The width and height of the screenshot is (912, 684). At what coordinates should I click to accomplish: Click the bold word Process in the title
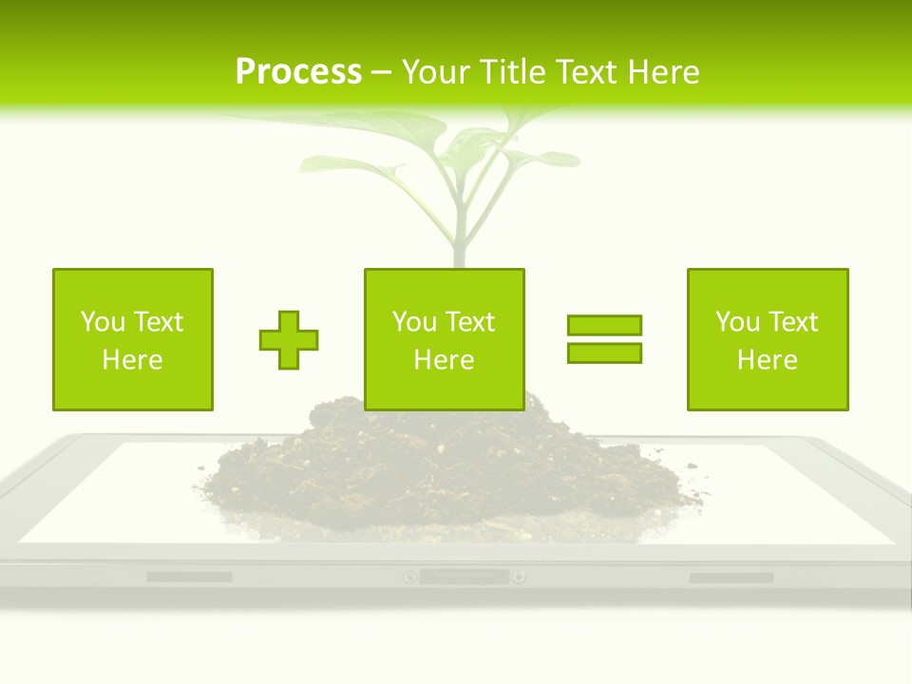pyautogui.click(x=298, y=71)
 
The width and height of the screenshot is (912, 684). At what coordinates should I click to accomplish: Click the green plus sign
pyautogui.click(x=289, y=340)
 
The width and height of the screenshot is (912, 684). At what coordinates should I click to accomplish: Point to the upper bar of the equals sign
pyautogui.click(x=604, y=325)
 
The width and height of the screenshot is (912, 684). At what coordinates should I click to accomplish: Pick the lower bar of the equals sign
pyautogui.click(x=604, y=353)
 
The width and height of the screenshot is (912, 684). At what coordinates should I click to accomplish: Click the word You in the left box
pyautogui.click(x=103, y=322)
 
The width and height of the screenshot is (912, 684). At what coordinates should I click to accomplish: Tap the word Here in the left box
pyautogui.click(x=132, y=360)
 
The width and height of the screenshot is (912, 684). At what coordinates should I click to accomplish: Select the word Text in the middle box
pyautogui.click(x=468, y=322)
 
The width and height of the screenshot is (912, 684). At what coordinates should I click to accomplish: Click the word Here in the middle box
pyautogui.click(x=444, y=360)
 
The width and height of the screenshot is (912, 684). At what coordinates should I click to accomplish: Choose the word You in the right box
pyautogui.click(x=737, y=322)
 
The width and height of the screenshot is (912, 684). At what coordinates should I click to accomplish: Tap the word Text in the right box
pyautogui.click(x=791, y=322)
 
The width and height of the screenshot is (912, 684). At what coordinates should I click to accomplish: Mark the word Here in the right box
pyautogui.click(x=767, y=360)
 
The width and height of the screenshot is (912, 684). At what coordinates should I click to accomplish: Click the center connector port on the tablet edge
pyautogui.click(x=464, y=577)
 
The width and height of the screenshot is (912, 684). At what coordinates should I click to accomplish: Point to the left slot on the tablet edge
pyautogui.click(x=189, y=577)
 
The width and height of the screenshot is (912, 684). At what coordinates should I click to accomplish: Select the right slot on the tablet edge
pyautogui.click(x=731, y=578)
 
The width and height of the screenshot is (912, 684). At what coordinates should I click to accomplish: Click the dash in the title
pyautogui.click(x=381, y=72)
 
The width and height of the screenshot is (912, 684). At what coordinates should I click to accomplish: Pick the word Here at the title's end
pyautogui.click(x=664, y=71)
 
